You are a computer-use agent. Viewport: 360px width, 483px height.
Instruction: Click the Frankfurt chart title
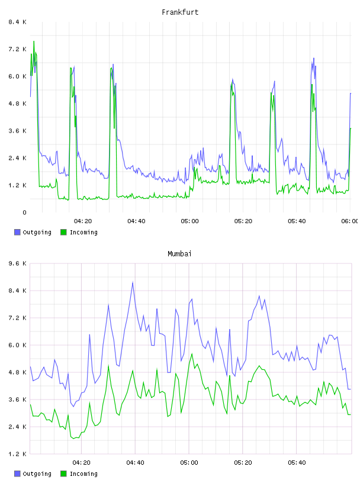(180, 12)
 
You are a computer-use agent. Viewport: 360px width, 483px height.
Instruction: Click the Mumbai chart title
(179, 254)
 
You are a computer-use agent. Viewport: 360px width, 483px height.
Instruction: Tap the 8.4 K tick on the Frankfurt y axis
(17, 22)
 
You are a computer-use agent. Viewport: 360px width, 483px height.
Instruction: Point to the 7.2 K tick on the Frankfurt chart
(17, 49)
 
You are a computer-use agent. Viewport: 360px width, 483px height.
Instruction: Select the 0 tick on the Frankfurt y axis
(24, 212)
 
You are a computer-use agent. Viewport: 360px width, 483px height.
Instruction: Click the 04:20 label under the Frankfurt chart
(83, 221)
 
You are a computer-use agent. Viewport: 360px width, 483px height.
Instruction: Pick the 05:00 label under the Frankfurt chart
(190, 221)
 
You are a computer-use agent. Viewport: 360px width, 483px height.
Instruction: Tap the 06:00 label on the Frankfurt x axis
(350, 221)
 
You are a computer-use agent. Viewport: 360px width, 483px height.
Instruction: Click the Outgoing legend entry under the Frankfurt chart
(33, 232)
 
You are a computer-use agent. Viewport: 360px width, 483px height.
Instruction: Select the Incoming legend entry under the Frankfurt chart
(79, 232)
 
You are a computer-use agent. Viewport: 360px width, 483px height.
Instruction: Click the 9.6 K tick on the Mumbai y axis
(17, 263)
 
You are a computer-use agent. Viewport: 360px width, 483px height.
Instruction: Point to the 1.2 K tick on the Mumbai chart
(17, 454)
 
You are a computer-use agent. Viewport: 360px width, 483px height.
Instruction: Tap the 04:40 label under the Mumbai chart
(136, 463)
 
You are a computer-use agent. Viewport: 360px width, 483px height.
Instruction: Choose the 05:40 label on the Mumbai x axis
(297, 463)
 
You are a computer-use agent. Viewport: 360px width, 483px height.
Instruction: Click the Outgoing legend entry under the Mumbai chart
(33, 474)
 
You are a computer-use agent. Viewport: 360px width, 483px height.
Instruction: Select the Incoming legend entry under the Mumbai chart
(79, 474)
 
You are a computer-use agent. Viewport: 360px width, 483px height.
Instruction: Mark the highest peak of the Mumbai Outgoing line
(133, 282)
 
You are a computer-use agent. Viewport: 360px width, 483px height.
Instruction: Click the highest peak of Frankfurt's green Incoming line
(34, 41)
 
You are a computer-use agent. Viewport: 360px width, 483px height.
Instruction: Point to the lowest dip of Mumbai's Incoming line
(73, 439)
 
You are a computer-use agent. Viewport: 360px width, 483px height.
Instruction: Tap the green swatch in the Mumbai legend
(63, 474)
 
